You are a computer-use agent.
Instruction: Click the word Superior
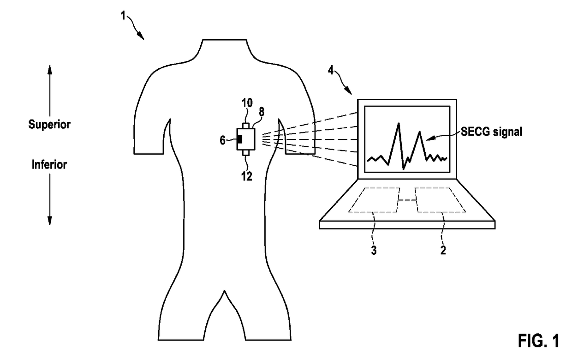50,125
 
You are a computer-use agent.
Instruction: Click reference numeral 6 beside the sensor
223,140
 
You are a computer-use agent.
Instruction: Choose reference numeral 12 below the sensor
247,176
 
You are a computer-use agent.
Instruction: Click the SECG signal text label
491,132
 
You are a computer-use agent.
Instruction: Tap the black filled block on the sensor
239,140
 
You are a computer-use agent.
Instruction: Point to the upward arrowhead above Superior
50,70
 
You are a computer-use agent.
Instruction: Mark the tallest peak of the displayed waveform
397,124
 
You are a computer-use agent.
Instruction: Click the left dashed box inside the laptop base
374,200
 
